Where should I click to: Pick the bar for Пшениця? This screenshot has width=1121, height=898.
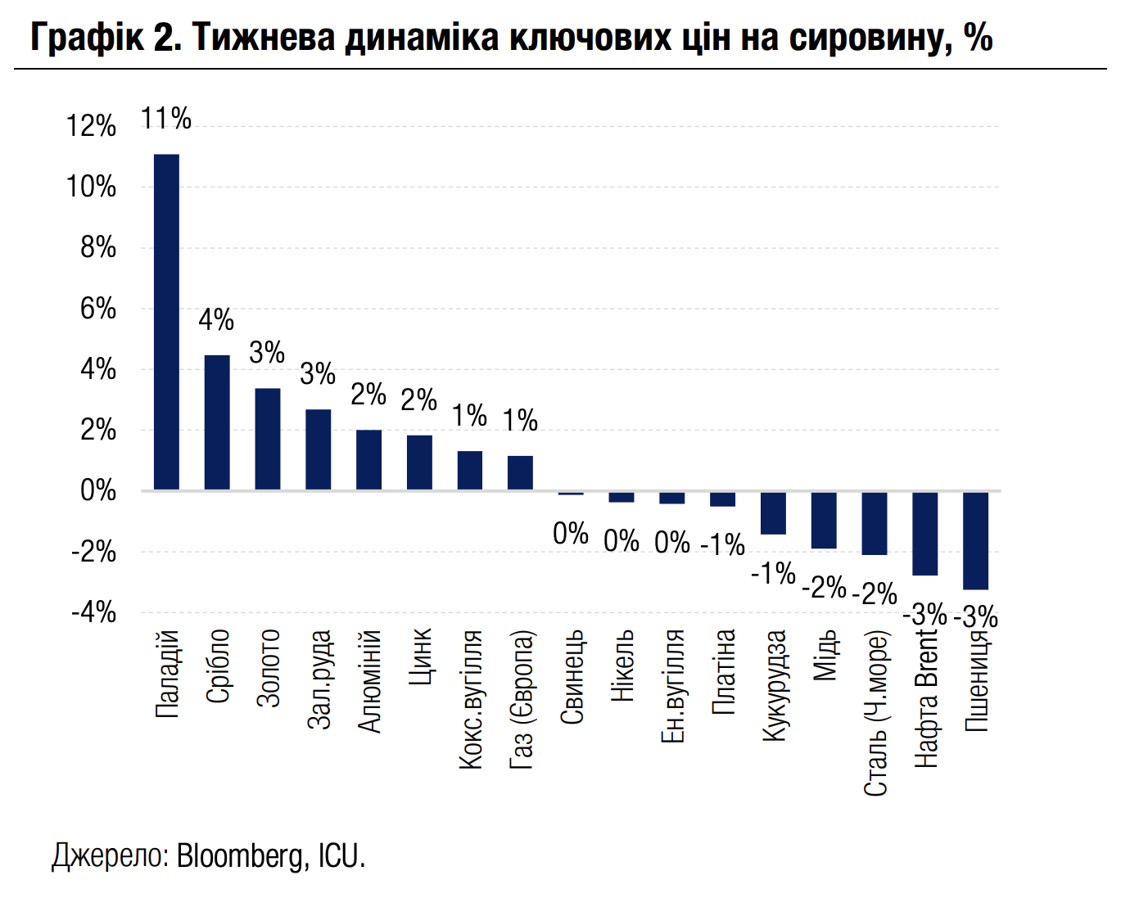click(975, 540)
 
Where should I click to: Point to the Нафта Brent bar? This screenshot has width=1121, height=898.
click(924, 534)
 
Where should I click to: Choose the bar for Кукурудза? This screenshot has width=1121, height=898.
click(773, 513)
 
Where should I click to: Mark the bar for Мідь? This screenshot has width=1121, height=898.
click(824, 520)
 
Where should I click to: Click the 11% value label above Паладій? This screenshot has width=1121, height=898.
click(166, 119)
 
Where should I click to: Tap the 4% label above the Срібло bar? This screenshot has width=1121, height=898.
click(216, 319)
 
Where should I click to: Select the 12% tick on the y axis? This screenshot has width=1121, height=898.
click(91, 126)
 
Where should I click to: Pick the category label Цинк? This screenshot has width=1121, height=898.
click(420, 657)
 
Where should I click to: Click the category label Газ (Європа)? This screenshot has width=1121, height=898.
click(522, 699)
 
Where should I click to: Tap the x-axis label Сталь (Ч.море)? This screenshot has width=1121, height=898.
click(875, 712)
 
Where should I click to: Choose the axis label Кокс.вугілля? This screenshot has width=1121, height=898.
click(471, 699)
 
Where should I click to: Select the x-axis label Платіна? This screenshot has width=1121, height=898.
click(724, 671)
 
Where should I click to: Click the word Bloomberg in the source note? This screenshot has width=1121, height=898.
click(239, 855)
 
